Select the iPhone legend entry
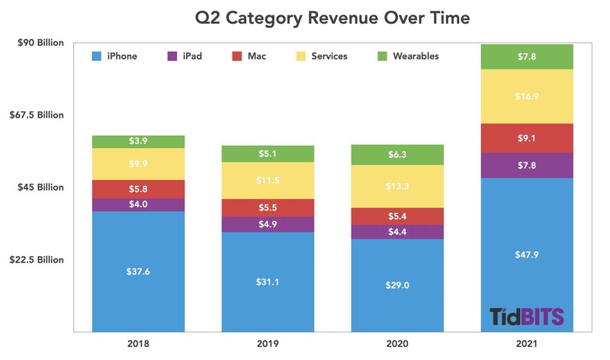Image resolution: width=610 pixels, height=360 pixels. (x=114, y=56)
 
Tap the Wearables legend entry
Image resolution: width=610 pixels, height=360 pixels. (x=408, y=56)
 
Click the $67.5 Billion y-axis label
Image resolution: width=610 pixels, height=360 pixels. (x=37, y=115)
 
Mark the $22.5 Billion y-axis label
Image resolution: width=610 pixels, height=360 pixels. (x=37, y=260)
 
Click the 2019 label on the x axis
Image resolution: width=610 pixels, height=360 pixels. (x=267, y=346)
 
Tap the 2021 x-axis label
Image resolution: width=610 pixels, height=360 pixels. (x=526, y=346)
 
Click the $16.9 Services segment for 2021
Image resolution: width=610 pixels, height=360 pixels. (x=526, y=96)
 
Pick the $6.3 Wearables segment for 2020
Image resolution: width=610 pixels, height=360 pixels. (x=396, y=155)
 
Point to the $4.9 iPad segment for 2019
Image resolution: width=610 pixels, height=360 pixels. (x=267, y=224)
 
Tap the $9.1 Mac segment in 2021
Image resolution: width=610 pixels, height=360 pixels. (x=526, y=138)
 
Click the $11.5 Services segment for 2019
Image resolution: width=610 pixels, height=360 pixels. (x=267, y=181)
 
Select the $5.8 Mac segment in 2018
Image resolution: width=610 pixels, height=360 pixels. (x=138, y=189)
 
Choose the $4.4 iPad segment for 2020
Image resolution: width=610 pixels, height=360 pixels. (x=396, y=232)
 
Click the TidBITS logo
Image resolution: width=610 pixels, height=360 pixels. (x=526, y=317)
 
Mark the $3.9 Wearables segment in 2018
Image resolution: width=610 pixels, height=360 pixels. (x=138, y=142)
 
